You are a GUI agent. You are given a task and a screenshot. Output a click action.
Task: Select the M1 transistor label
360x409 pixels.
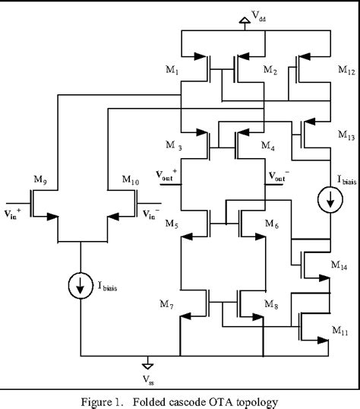(172, 71)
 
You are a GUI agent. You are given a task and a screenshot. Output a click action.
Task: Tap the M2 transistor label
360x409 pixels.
(270, 71)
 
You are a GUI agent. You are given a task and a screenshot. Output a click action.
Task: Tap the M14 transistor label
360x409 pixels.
(341, 265)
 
